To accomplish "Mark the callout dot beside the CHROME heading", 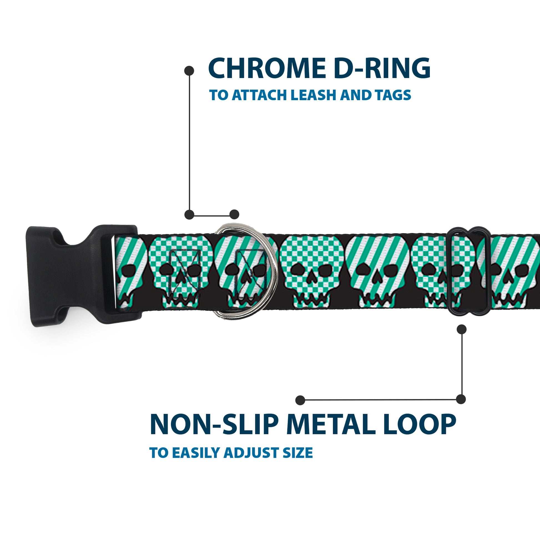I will [189, 70].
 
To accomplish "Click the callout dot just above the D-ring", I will [234, 215].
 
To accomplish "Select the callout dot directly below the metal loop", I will [461, 329].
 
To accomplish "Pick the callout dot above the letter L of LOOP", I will [461, 399].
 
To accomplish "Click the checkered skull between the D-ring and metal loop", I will [311, 271].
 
